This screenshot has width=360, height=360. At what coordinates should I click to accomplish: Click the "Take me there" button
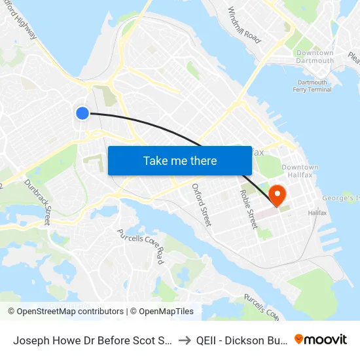point(180,160)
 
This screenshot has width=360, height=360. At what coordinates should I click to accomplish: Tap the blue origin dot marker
point(82,113)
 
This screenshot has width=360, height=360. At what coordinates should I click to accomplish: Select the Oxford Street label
point(201,204)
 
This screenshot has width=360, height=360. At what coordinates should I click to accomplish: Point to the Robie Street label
point(249,209)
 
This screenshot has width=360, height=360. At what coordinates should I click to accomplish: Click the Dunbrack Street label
point(37,203)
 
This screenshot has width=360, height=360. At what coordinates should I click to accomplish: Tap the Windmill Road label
point(243,25)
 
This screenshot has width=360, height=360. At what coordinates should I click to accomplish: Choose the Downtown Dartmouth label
point(315,57)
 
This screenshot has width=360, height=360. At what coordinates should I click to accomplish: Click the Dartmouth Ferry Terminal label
point(314,86)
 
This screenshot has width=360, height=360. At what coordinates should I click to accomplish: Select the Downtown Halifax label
point(300,171)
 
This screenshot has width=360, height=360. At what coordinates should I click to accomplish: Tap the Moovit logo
point(321,339)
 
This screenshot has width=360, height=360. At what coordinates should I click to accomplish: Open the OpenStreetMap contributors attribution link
point(65,312)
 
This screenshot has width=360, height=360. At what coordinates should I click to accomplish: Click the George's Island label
point(340,198)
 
